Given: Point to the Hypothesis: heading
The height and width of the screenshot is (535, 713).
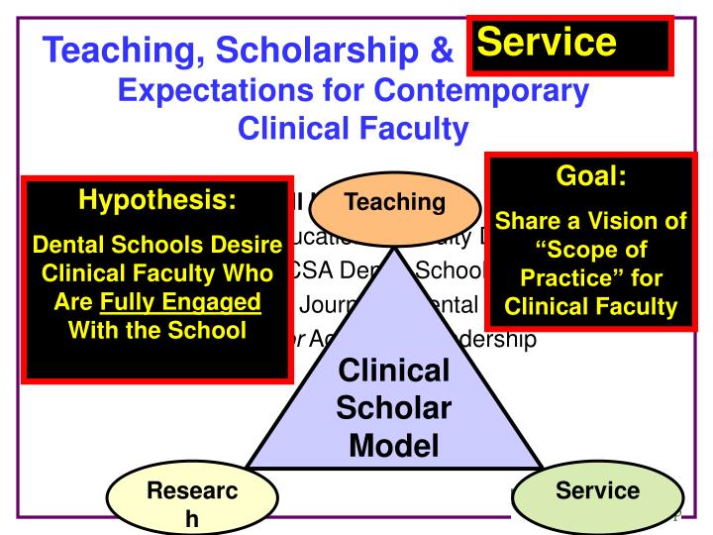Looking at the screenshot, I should click(156, 202).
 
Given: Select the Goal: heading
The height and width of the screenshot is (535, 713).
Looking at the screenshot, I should click(590, 179).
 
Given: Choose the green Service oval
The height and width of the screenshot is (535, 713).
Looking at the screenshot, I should click(597, 490).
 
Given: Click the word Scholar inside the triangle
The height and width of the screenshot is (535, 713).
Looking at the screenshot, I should click(393, 408).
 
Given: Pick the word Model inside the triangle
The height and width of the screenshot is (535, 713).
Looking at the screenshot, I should click(393, 445).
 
